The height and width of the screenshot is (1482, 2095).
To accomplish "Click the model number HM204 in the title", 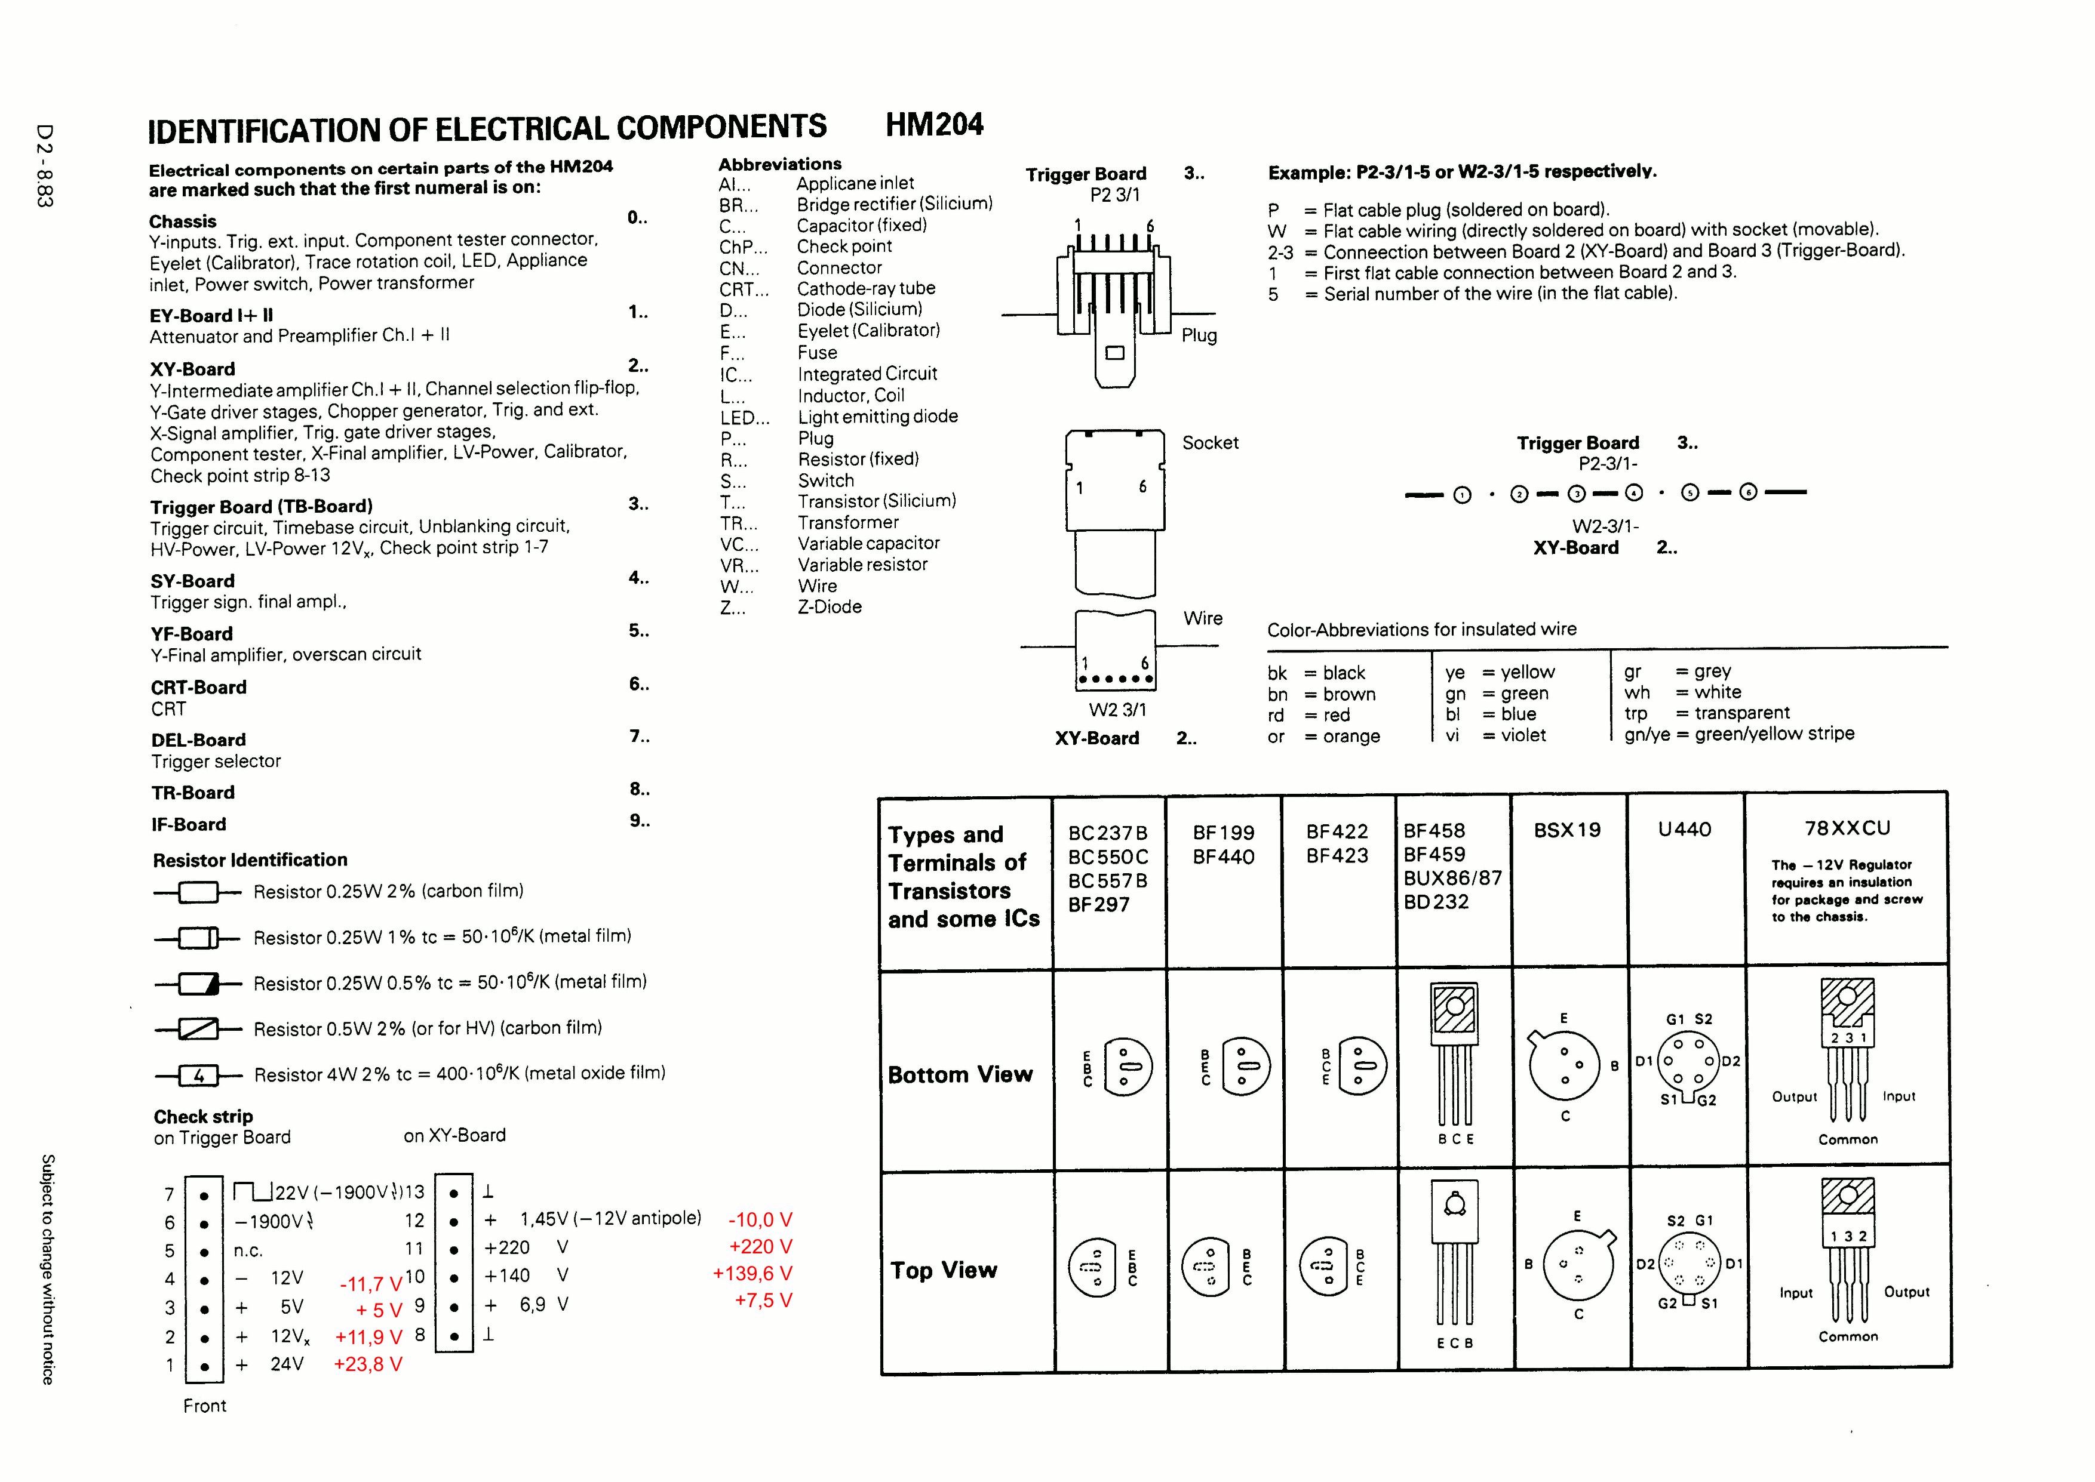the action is [935, 124].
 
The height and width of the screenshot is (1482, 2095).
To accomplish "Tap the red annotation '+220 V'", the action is [760, 1247].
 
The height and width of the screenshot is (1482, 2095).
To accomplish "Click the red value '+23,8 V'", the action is [368, 1364].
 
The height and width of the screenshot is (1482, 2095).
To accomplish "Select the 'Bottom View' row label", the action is [960, 1075].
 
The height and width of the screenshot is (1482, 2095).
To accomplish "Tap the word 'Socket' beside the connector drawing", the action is [1211, 443].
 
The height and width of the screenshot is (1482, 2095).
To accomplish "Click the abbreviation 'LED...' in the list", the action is [745, 418].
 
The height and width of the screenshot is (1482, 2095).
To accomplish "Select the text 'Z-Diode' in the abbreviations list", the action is [830, 607].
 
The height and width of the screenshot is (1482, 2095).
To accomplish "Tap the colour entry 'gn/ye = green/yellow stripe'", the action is [1739, 734].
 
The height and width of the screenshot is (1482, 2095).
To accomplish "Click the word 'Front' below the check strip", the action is [204, 1406].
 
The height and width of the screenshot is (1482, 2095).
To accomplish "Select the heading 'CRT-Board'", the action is [199, 687].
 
